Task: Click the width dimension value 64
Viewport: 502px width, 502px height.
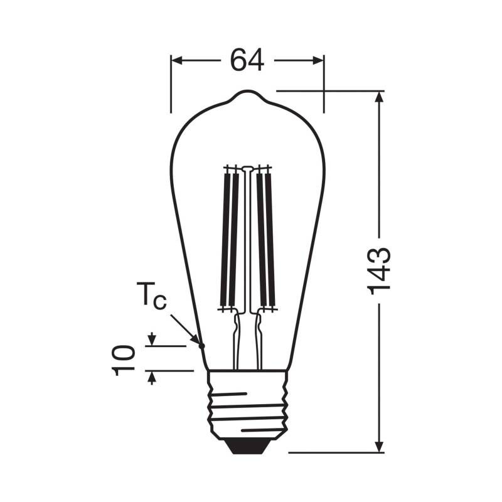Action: [x=247, y=61]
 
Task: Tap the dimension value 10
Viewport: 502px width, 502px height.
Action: [x=125, y=359]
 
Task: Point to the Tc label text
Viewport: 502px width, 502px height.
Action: [x=152, y=296]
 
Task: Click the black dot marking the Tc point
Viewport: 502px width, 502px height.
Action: [x=202, y=345]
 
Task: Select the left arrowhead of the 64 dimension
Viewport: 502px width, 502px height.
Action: [x=176, y=61]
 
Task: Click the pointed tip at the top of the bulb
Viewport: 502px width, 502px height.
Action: [x=247, y=94]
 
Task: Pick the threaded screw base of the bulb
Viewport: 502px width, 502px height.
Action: [x=248, y=405]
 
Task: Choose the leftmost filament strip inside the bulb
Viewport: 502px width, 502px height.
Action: [x=223, y=238]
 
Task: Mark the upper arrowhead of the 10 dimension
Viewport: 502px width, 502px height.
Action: [x=151, y=341]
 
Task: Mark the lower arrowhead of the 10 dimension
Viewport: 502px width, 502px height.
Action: [x=151, y=376]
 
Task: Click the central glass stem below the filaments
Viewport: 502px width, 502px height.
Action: [x=247, y=339]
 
